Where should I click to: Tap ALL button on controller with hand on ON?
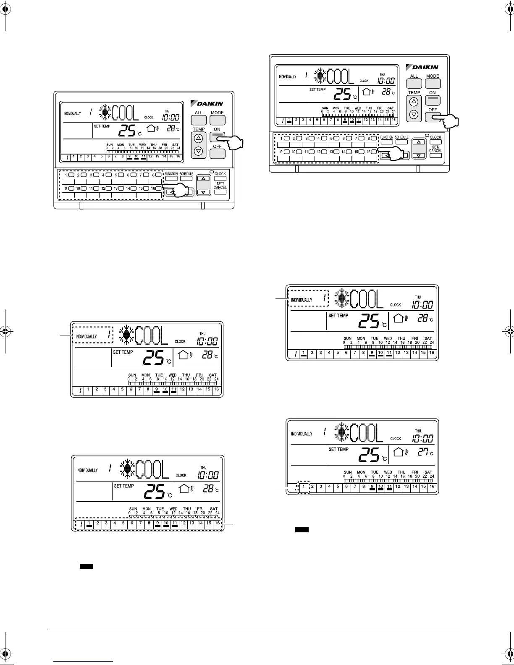199,120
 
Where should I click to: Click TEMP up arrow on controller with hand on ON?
199,138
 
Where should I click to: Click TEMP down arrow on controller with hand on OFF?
414,114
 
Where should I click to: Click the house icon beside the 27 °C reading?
399,452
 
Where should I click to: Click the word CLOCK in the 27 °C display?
396,439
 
